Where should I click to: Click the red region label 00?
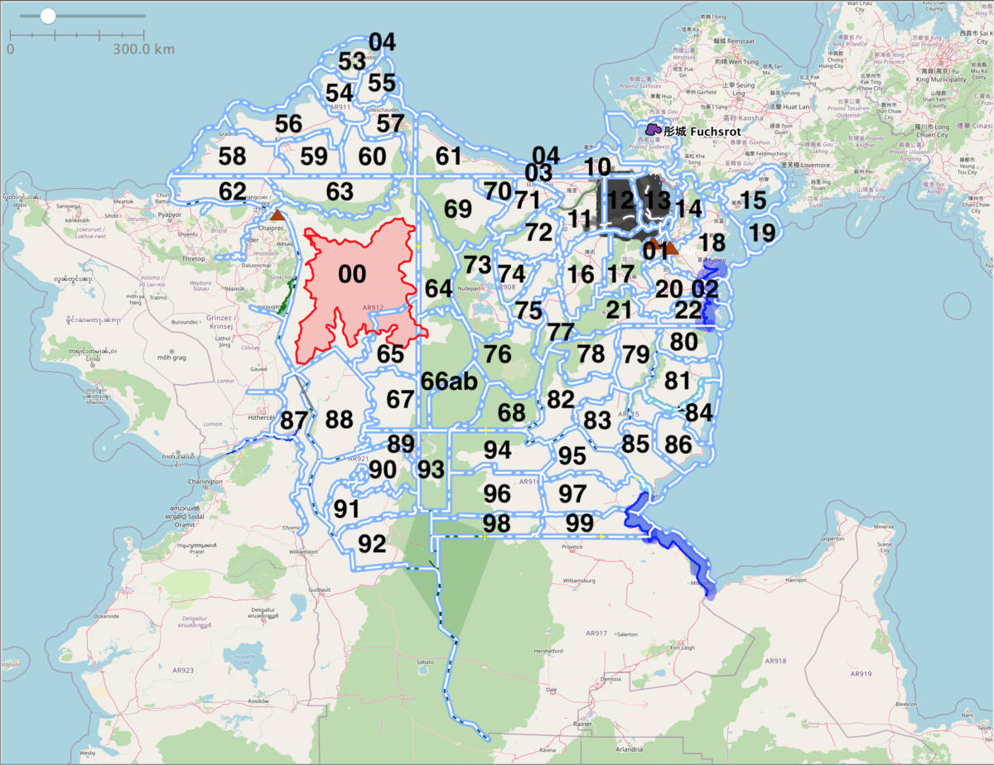(x=352, y=274)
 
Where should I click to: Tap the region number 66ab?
(x=449, y=381)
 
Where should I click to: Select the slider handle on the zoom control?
(x=48, y=16)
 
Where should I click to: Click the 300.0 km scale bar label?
(x=144, y=49)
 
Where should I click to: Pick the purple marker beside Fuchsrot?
(x=653, y=130)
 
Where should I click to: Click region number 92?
(x=372, y=543)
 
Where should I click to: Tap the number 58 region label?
(x=232, y=156)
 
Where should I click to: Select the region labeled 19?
(x=762, y=233)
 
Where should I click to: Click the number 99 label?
(x=580, y=523)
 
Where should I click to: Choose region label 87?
(x=293, y=420)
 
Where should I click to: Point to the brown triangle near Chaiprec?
(x=277, y=215)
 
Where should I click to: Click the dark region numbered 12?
(x=620, y=200)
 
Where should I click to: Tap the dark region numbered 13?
(x=657, y=200)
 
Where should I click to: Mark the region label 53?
(x=352, y=61)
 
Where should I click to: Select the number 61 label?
(x=448, y=156)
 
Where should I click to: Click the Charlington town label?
(x=205, y=481)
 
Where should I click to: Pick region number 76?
(x=498, y=354)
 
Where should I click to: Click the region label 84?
(x=698, y=412)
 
